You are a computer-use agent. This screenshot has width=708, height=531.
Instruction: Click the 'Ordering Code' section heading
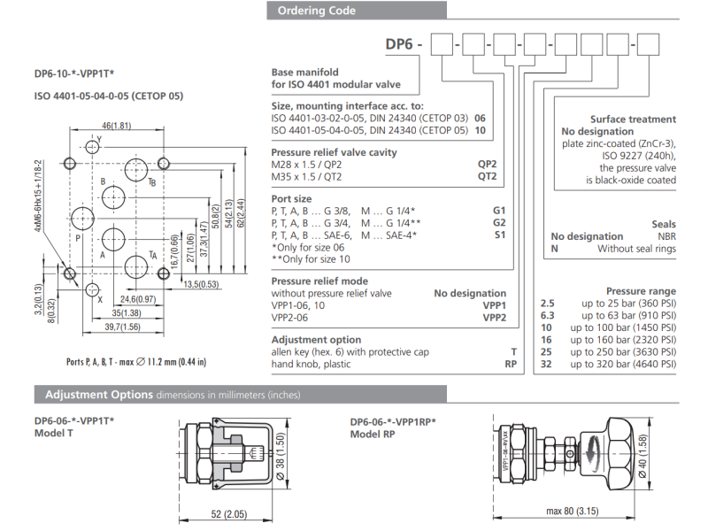[316, 11]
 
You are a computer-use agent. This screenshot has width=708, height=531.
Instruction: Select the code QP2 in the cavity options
[487, 164]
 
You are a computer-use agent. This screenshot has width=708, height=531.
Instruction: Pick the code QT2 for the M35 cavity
[487, 176]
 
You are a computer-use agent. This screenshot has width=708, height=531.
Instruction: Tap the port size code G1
[499, 211]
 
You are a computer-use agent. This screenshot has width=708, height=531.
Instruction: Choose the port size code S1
[500, 235]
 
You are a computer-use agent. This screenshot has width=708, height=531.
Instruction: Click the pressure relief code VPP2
[494, 317]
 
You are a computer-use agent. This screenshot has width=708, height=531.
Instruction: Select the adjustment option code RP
[511, 364]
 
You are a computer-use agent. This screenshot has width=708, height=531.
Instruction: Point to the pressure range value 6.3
[547, 315]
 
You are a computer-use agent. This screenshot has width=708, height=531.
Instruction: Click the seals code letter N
[554, 249]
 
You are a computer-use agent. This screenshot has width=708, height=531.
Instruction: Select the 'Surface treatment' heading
[632, 119]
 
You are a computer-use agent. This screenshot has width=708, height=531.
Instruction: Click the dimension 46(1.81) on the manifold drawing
[116, 125]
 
